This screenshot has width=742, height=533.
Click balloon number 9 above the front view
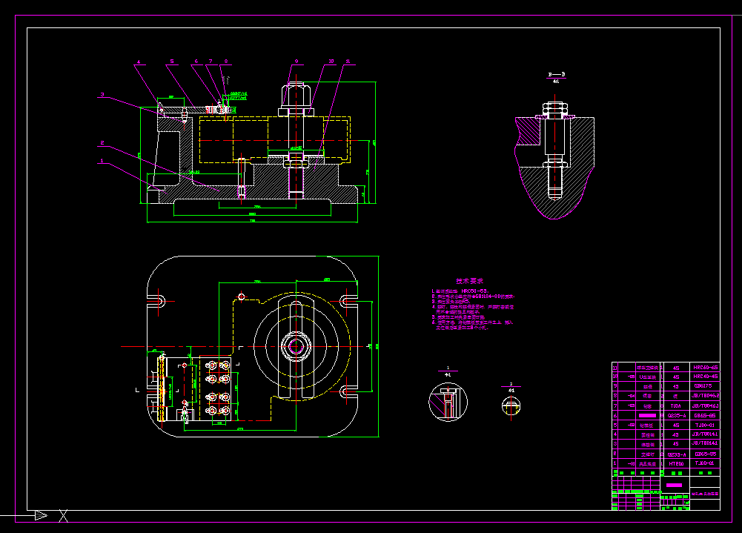click(x=295, y=61)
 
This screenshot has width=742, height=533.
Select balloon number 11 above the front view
click(x=348, y=61)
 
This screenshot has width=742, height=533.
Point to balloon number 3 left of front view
click(x=102, y=95)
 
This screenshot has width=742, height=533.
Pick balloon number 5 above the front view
click(x=171, y=62)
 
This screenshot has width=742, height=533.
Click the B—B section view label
click(x=557, y=75)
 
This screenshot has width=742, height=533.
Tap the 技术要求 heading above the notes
click(x=469, y=281)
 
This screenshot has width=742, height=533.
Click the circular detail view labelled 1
click(x=448, y=402)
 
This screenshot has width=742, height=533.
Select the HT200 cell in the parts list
click(x=675, y=464)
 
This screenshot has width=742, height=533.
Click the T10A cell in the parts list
click(x=675, y=406)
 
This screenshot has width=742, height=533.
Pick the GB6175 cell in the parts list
click(x=704, y=386)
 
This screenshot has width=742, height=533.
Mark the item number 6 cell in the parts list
click(x=615, y=416)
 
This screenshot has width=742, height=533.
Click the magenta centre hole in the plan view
click(x=296, y=345)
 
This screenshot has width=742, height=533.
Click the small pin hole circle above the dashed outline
click(x=240, y=297)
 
